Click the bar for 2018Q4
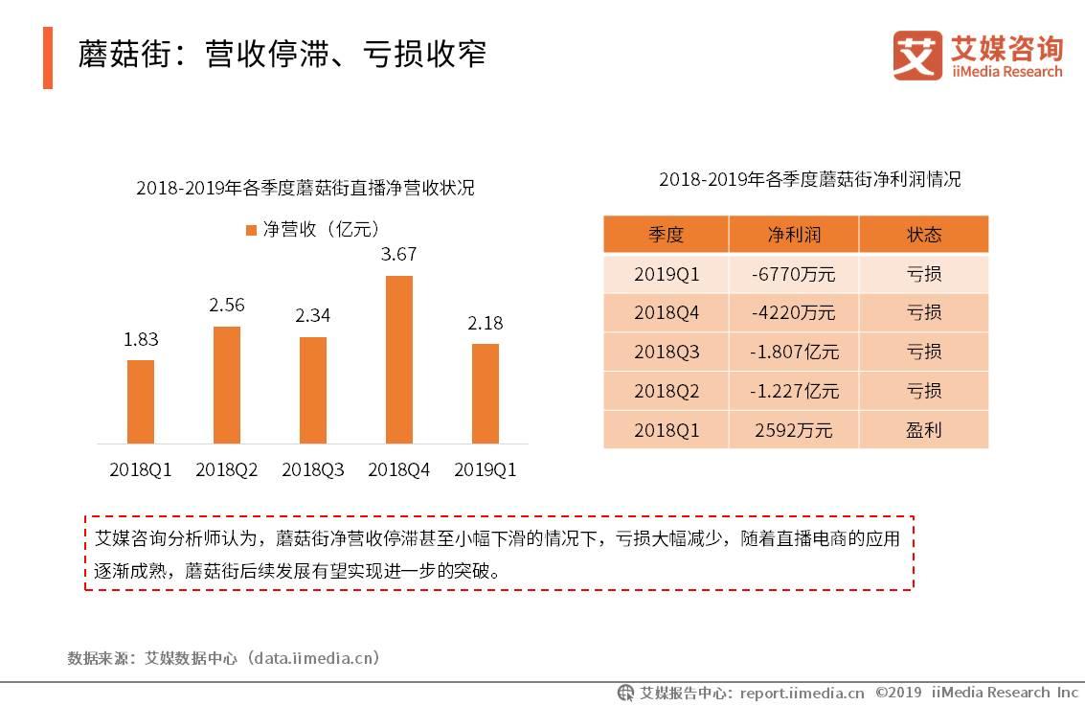398,359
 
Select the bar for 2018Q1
141,401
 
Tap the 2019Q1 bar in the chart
486,394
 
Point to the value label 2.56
227,306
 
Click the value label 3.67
398,255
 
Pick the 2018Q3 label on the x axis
312,470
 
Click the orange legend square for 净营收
251,230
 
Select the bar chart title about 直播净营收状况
305,188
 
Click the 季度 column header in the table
666,235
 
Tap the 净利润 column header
794,235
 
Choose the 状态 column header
923,235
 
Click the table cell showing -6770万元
794,274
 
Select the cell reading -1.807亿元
794,352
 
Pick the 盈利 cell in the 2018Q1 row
923,430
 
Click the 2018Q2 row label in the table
666,391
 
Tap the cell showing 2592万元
794,430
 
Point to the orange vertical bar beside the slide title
48,57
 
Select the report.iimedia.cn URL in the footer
802,693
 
